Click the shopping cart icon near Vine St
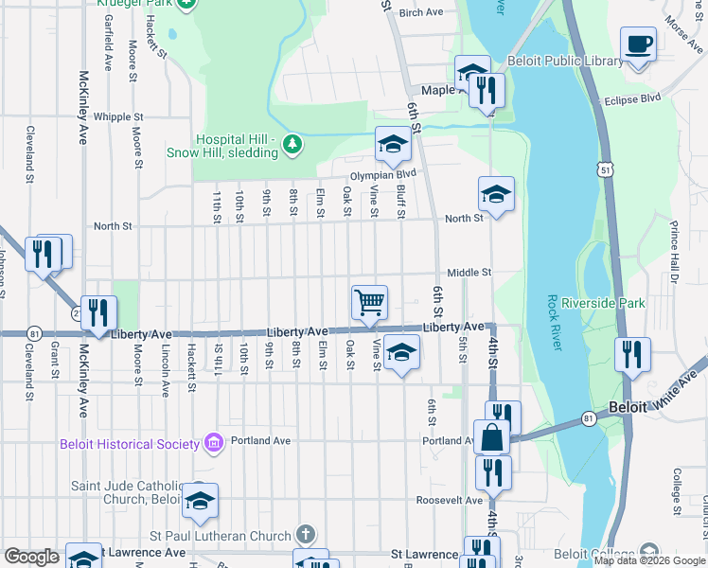click(x=369, y=303)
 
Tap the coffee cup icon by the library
click(x=639, y=44)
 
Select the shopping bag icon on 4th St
click(x=492, y=436)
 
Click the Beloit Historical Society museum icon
click(x=213, y=443)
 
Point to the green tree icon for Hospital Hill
click(x=293, y=143)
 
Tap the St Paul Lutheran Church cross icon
click(x=304, y=534)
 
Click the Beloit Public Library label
click(x=566, y=61)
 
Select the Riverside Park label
click(x=602, y=304)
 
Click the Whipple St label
click(x=118, y=117)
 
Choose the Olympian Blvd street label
click(x=383, y=174)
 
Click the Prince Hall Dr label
click(x=675, y=252)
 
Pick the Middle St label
click(x=469, y=273)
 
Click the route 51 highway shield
click(x=604, y=169)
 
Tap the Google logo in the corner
click(x=31, y=557)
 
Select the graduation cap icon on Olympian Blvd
click(x=393, y=144)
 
